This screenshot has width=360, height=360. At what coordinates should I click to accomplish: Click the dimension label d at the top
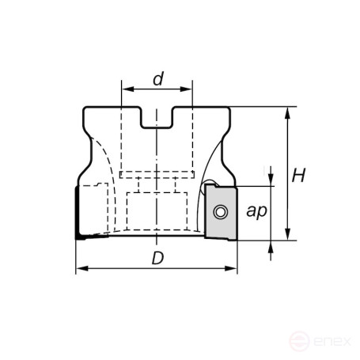(x=158, y=78)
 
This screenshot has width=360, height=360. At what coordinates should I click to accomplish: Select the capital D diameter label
(x=158, y=259)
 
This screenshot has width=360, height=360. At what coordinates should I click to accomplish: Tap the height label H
(x=298, y=175)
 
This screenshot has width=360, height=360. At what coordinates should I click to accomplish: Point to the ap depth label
(x=256, y=211)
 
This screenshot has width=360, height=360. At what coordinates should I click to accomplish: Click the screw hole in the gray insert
(x=219, y=212)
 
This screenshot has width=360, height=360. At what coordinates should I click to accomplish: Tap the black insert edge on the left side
(x=78, y=214)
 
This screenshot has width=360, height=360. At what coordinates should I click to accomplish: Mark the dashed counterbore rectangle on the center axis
(x=157, y=207)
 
